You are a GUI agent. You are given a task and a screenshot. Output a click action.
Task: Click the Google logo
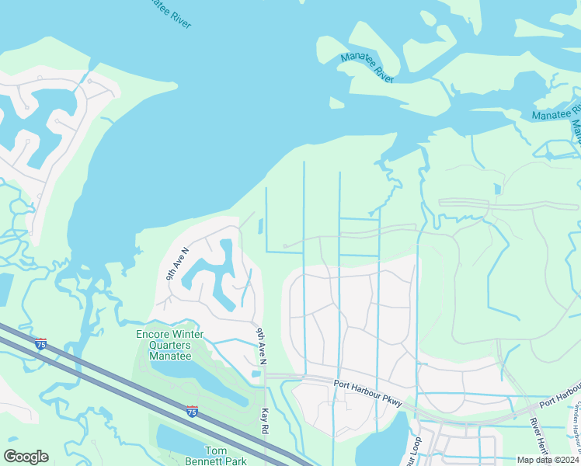[x=26, y=457]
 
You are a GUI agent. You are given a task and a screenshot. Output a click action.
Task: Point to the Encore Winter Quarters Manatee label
[x=169, y=345]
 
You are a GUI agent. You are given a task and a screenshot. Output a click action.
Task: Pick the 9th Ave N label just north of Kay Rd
[x=261, y=346]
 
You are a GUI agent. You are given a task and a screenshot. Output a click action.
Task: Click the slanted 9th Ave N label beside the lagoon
[x=177, y=264]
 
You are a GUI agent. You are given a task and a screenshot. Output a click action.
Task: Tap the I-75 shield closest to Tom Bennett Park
[x=191, y=411]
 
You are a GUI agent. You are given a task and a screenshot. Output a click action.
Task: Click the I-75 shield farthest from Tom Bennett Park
[x=40, y=343]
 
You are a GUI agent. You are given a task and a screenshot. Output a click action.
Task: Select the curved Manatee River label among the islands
[x=367, y=68]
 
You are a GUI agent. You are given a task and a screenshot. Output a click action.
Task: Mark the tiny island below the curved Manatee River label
[x=336, y=103]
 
